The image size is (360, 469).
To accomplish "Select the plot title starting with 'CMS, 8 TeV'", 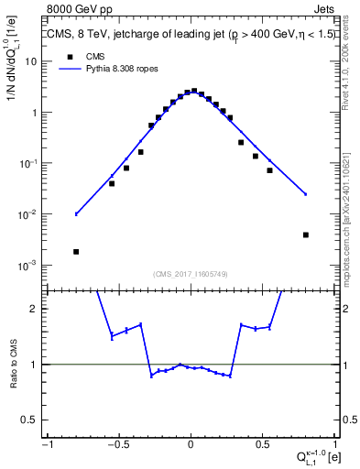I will pyautogui.click(x=191, y=35).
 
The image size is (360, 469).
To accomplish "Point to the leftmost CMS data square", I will pyautogui.click(x=76, y=251).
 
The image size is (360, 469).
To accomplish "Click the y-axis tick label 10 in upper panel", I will pyautogui.click(x=31, y=61).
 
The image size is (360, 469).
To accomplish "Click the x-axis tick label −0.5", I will pyautogui.click(x=117, y=444).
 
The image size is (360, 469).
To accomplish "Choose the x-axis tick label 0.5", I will pyautogui.click(x=262, y=444).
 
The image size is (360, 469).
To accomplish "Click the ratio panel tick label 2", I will pyautogui.click(x=35, y=309).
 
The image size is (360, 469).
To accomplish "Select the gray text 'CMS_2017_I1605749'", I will pyautogui.click(x=191, y=275).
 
